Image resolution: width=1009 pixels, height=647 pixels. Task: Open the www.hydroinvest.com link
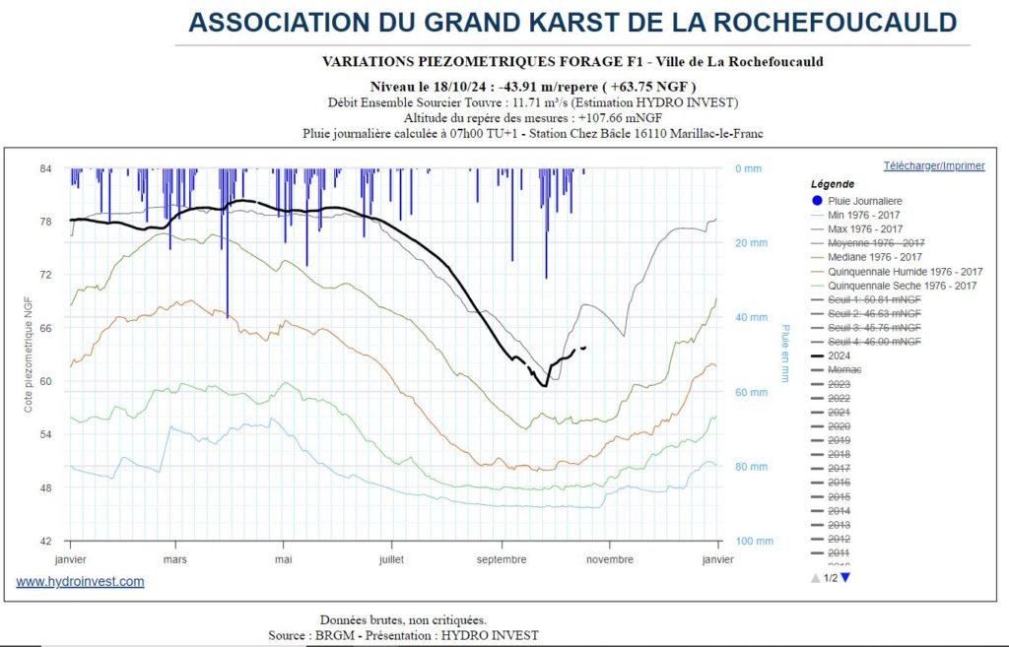tap(80, 581)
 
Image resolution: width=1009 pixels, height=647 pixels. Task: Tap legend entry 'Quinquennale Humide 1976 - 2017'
tap(906, 271)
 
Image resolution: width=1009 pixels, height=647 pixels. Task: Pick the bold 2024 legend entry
tap(840, 356)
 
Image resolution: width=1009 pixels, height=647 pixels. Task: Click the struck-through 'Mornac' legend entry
tap(844, 369)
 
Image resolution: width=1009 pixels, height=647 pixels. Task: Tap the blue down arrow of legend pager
tap(844, 577)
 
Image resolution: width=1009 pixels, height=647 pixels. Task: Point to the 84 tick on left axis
tap(45, 168)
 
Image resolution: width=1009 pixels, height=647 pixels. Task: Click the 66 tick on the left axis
tap(45, 328)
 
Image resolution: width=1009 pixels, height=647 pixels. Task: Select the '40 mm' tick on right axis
tap(750, 317)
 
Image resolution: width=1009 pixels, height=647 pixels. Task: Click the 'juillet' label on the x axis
tap(391, 558)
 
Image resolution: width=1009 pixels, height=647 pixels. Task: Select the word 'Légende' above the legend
tap(833, 184)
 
